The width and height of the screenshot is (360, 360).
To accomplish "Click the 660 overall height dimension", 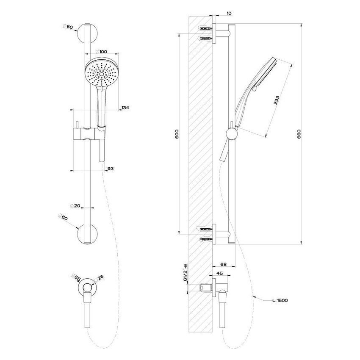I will [299, 134].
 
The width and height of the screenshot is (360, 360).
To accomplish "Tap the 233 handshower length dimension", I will [276, 100].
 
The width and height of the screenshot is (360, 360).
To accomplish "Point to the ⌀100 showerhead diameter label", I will [100, 51].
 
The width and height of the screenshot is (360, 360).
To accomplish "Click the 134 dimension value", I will [125, 108].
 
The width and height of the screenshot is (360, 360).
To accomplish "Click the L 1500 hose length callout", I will [280, 300].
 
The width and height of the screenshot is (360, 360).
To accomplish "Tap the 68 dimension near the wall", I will [223, 264].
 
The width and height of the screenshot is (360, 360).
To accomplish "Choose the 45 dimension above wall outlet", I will [220, 274].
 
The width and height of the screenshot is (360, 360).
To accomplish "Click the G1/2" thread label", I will [186, 277].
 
